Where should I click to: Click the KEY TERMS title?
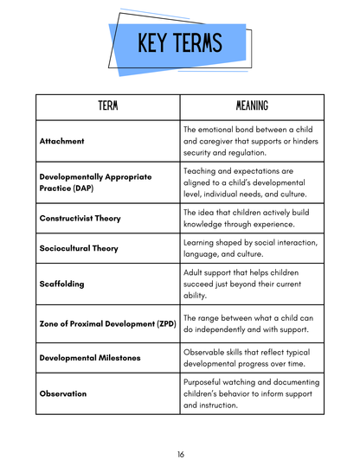pos(179,43)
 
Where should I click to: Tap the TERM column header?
pos(107,105)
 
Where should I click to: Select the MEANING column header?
pos(252,105)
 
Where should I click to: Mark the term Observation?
pos(63,393)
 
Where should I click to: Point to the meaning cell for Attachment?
pos(251,139)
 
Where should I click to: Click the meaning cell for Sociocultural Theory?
pos(251,248)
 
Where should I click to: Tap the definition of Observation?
pos(251,393)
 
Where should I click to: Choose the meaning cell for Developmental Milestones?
pos(251,358)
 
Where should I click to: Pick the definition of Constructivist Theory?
pos(251,218)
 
